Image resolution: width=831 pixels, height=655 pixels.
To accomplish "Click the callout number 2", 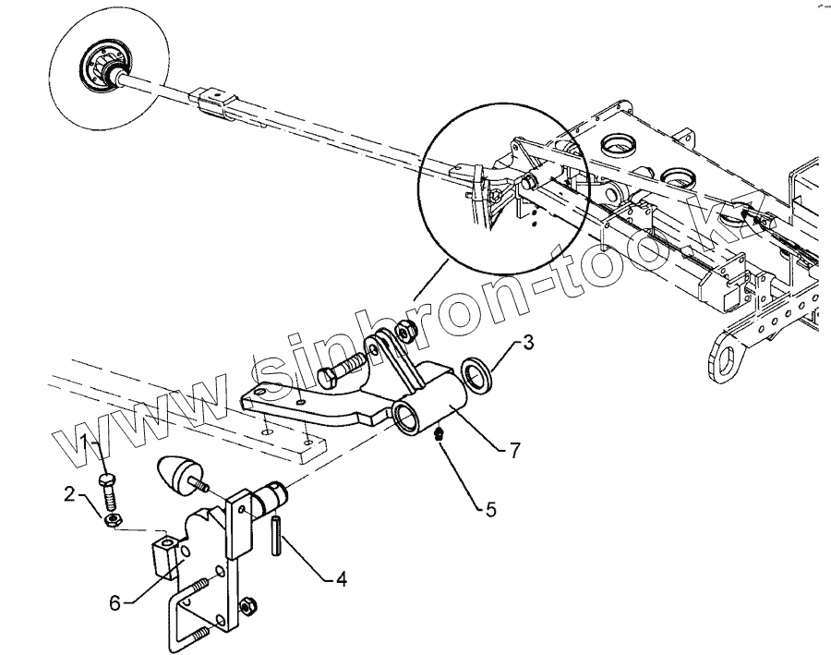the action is click(x=70, y=493).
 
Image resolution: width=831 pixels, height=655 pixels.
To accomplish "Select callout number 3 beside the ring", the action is click(x=527, y=344).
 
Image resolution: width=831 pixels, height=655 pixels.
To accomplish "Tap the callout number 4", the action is click(x=341, y=580).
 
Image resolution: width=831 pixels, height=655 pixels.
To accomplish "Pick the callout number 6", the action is click(x=116, y=603).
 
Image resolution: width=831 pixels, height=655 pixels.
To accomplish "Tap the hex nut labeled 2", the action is click(x=111, y=521).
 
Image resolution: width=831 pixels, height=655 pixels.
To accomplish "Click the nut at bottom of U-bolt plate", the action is click(x=247, y=609).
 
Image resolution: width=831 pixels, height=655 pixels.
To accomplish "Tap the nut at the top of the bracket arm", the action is click(x=403, y=331).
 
